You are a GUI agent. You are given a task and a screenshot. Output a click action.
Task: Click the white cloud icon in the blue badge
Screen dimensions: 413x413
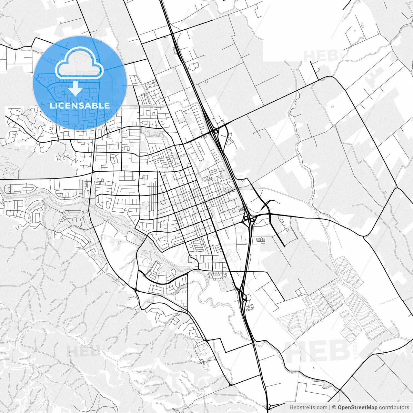[79, 63]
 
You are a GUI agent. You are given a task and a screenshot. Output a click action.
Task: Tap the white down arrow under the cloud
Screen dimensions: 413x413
[76, 88]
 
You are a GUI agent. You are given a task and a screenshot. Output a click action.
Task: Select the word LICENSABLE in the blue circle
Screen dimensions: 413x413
[80, 106]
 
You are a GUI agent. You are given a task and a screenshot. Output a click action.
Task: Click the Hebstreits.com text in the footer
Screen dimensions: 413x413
[308, 408]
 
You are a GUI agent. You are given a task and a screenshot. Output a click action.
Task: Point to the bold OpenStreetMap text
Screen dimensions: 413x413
[357, 408]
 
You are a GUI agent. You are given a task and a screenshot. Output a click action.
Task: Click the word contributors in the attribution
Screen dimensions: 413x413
[394, 408]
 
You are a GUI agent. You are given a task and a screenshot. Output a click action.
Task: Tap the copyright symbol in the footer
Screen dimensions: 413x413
[334, 408]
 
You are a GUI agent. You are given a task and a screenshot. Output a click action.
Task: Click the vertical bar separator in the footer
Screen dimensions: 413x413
[330, 408]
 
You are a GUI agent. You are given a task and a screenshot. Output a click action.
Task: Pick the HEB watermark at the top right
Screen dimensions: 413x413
[321, 56]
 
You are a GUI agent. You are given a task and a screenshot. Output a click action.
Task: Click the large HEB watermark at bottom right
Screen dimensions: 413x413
[318, 351]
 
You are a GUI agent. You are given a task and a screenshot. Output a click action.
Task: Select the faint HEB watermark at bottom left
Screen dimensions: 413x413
[85, 351]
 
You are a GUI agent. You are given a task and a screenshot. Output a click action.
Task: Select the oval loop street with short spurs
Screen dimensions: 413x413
[218, 275]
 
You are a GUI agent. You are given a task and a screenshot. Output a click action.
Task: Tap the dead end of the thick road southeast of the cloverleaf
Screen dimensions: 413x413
[285, 247]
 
